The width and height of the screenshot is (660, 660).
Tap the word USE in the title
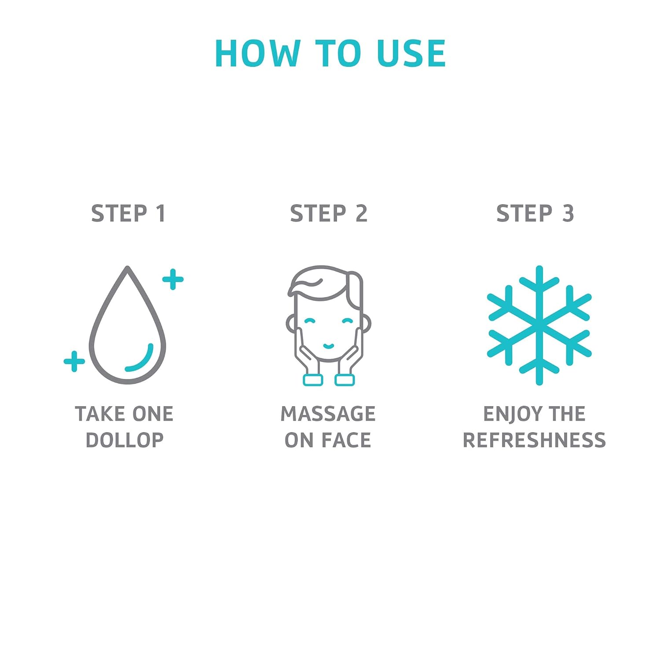[411, 53]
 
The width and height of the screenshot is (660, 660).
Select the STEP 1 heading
[128, 213]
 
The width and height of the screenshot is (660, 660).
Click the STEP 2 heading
[329, 213]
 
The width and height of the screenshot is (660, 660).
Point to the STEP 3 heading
[535, 213]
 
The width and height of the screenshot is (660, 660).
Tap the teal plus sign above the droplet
[173, 279]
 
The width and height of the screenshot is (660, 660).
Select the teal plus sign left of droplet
[74, 361]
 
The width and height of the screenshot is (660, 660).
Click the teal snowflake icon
[539, 325]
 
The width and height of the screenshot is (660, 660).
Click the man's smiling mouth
[329, 346]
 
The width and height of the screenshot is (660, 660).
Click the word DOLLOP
[125, 440]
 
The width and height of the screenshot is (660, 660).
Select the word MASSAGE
[328, 414]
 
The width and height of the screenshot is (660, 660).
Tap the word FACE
[346, 440]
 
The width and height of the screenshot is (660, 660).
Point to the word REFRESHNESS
[534, 440]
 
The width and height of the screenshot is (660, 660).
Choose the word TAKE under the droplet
[99, 414]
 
